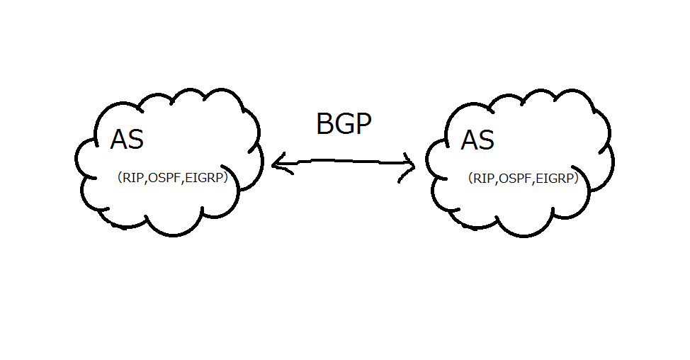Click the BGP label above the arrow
[344, 125]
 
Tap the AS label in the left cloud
[127, 140]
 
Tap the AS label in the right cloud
[477, 140]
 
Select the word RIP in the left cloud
[133, 179]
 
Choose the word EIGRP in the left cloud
[203, 179]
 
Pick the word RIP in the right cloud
[484, 179]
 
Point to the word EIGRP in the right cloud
[554, 179]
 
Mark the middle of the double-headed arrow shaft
[344, 163]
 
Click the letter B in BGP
[324, 125]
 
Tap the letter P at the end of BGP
[363, 125]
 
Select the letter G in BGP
[344, 125]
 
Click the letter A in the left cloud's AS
[119, 140]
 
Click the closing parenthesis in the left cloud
[224, 179]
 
